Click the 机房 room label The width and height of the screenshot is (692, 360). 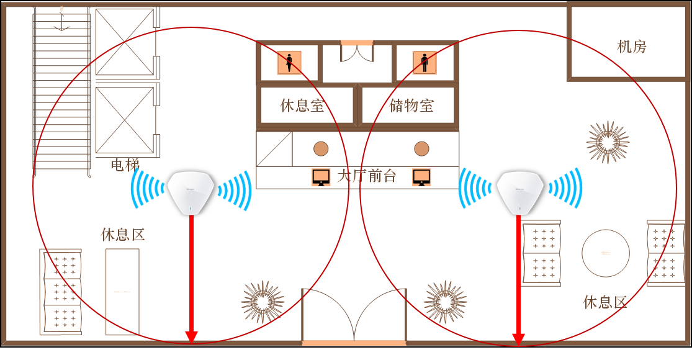pyautogui.click(x=631, y=47)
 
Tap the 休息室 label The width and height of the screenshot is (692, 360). pyautogui.click(x=302, y=106)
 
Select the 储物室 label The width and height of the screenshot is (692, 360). pyautogui.click(x=411, y=106)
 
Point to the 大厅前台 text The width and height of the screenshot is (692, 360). pyautogui.click(x=366, y=176)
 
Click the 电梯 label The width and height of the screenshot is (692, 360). pyautogui.click(x=125, y=164)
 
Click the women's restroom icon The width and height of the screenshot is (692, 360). pyautogui.click(x=289, y=63)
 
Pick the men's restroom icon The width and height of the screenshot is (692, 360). pyautogui.click(x=425, y=63)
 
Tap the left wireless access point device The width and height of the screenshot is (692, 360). pyautogui.click(x=191, y=192)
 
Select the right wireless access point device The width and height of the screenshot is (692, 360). pyautogui.click(x=519, y=192)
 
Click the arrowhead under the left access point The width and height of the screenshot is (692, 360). pyautogui.click(x=191, y=336)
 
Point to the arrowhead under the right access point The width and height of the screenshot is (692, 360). pyautogui.click(x=518, y=339)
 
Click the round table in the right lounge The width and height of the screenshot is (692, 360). pyautogui.click(x=606, y=253)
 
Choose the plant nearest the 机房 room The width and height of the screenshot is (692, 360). pyautogui.click(x=608, y=142)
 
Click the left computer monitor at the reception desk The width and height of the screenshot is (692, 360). pyautogui.click(x=321, y=177)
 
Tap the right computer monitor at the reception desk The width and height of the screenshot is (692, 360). pyautogui.click(x=422, y=177)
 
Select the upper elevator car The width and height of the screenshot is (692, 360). pyautogui.click(x=125, y=42)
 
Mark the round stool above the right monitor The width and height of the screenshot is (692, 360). pyautogui.click(x=421, y=149)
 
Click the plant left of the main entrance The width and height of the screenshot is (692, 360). pyautogui.click(x=263, y=302)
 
